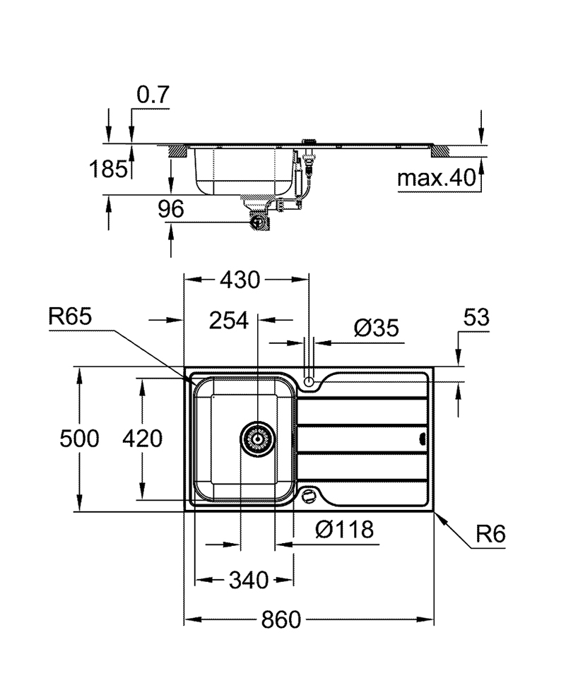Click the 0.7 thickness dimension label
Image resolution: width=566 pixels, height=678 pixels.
(153, 95)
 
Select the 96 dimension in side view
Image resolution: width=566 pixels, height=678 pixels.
(170, 209)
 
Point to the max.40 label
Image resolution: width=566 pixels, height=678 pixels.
(436, 178)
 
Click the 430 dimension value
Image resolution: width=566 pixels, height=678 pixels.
(240, 280)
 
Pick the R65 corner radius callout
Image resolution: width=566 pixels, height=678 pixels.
(70, 316)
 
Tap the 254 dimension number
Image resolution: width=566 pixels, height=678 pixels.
(229, 321)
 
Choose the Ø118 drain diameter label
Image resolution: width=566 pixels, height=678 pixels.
(344, 528)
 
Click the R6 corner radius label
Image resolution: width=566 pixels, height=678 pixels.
(490, 535)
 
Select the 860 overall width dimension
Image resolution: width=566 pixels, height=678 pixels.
(281, 620)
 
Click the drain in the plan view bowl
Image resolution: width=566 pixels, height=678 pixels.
(257, 439)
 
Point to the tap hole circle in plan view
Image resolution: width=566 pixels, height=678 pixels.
(309, 381)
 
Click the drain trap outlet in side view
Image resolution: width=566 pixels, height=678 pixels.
(259, 221)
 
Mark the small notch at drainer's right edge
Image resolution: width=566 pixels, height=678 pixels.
(423, 439)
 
